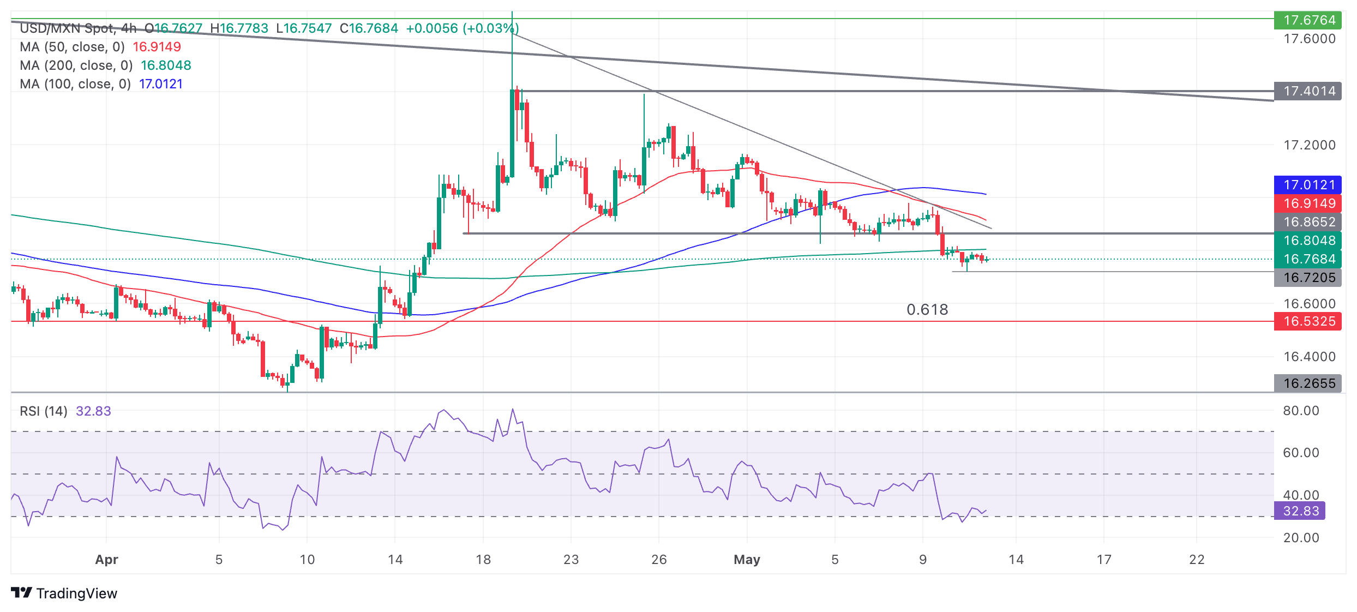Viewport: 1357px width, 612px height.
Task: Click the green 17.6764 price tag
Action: point(1309,20)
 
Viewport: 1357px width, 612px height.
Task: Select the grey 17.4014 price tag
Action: point(1309,91)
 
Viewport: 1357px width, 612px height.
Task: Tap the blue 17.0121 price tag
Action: point(1309,185)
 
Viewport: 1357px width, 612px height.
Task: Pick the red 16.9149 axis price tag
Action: point(1309,203)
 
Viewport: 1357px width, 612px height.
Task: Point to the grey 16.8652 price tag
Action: point(1309,222)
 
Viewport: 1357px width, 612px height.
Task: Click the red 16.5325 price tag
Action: point(1309,321)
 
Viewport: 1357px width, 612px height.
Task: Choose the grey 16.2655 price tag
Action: point(1309,383)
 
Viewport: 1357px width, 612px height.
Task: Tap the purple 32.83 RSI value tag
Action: point(1301,511)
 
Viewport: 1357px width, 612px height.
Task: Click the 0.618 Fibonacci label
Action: point(927,310)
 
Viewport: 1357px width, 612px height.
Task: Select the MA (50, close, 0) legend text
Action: point(72,47)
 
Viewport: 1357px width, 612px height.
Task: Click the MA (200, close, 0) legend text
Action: point(76,65)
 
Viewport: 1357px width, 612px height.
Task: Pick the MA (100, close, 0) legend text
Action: point(75,84)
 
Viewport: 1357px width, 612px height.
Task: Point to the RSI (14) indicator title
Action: point(44,411)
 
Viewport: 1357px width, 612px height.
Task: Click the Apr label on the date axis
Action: point(106,560)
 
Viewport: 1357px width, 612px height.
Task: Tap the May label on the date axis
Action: point(747,560)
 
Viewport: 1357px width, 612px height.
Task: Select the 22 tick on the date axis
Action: point(1197,560)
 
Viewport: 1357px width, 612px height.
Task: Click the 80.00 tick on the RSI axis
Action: point(1301,411)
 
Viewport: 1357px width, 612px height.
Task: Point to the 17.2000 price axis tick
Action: point(1309,145)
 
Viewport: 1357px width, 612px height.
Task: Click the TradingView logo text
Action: point(76,593)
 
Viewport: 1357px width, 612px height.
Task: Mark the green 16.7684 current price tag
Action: point(1309,259)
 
